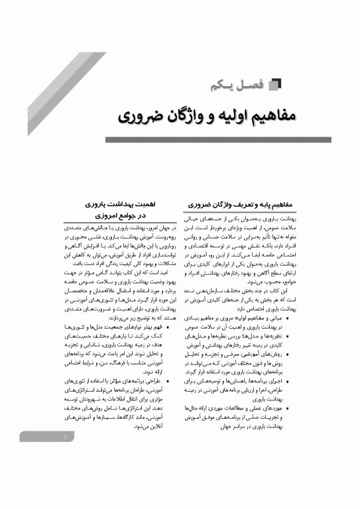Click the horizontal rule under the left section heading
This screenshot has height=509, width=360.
pos(116,223)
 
